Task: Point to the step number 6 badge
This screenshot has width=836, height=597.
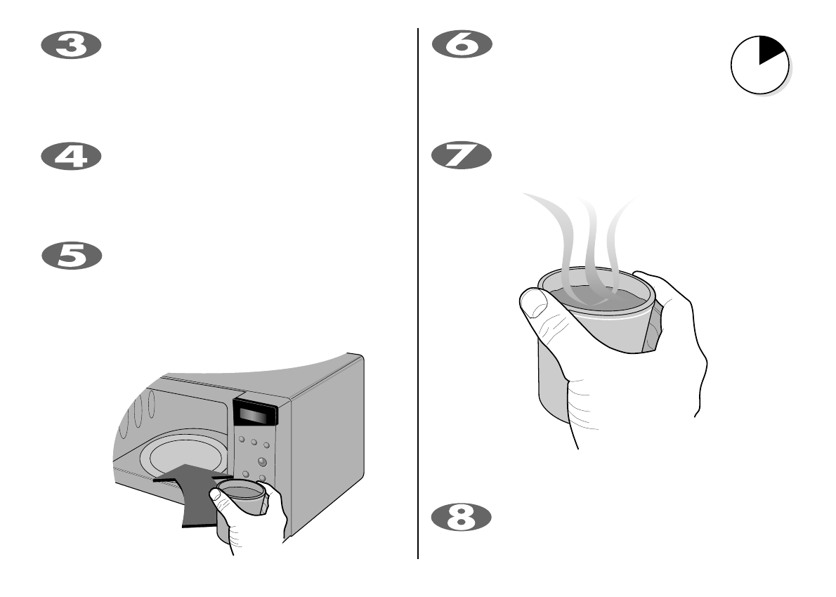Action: tap(461, 46)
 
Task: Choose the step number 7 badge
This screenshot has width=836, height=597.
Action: tap(461, 156)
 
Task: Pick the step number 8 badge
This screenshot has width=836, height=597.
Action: tap(461, 518)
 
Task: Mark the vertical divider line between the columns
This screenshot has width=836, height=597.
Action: tap(419, 295)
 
